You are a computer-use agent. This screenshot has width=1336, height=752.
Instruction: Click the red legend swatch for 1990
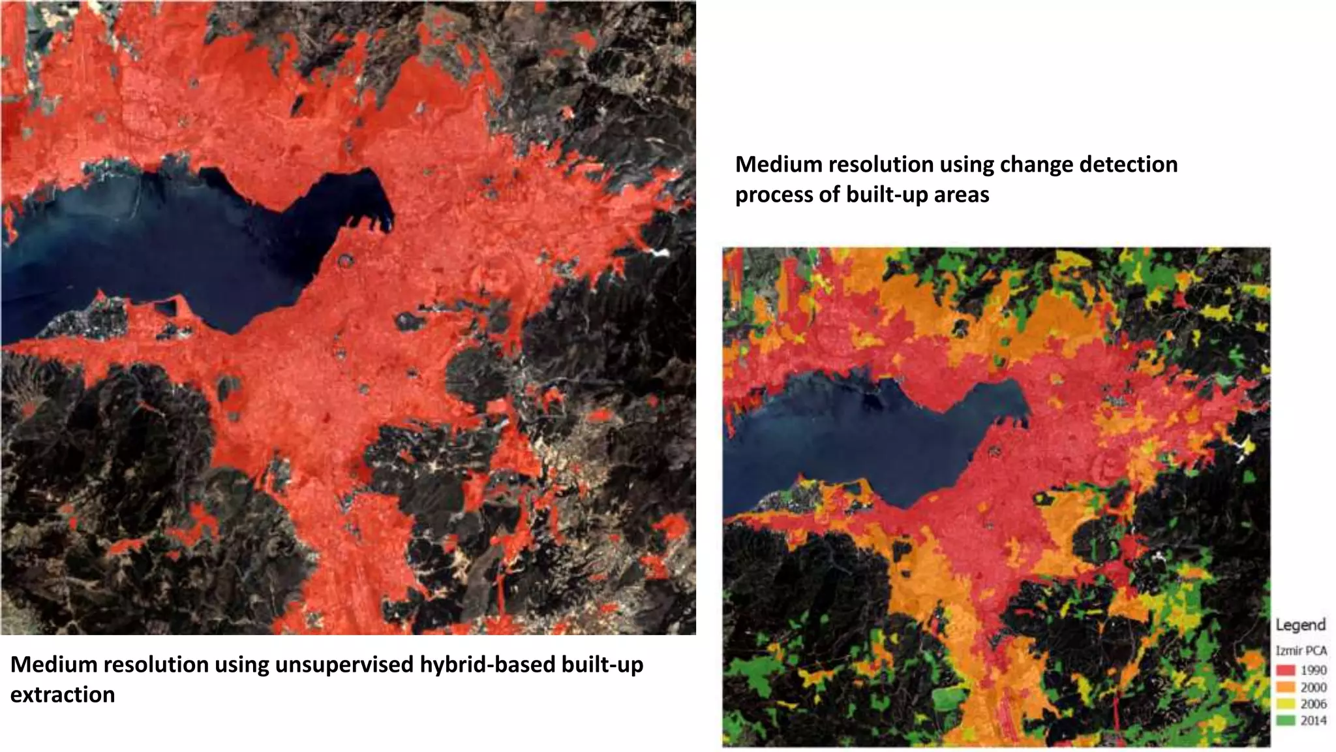tap(1285, 670)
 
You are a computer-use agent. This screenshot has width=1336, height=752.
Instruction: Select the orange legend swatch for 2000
tap(1285, 687)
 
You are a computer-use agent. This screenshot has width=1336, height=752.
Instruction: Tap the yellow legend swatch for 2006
tap(1285, 704)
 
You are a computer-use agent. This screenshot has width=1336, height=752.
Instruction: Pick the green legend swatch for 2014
tap(1285, 721)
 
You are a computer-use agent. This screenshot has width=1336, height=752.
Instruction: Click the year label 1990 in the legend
tap(1313, 670)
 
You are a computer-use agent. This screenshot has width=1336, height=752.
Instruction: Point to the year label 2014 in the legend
tap(1313, 721)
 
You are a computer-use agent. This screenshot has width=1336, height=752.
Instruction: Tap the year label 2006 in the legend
tap(1313, 704)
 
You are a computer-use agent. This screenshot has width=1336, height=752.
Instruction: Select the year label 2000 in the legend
tap(1313, 687)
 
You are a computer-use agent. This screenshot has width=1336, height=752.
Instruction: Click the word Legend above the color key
tap(1300, 625)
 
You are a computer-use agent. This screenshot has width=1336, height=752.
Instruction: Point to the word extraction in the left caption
tap(63, 695)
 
